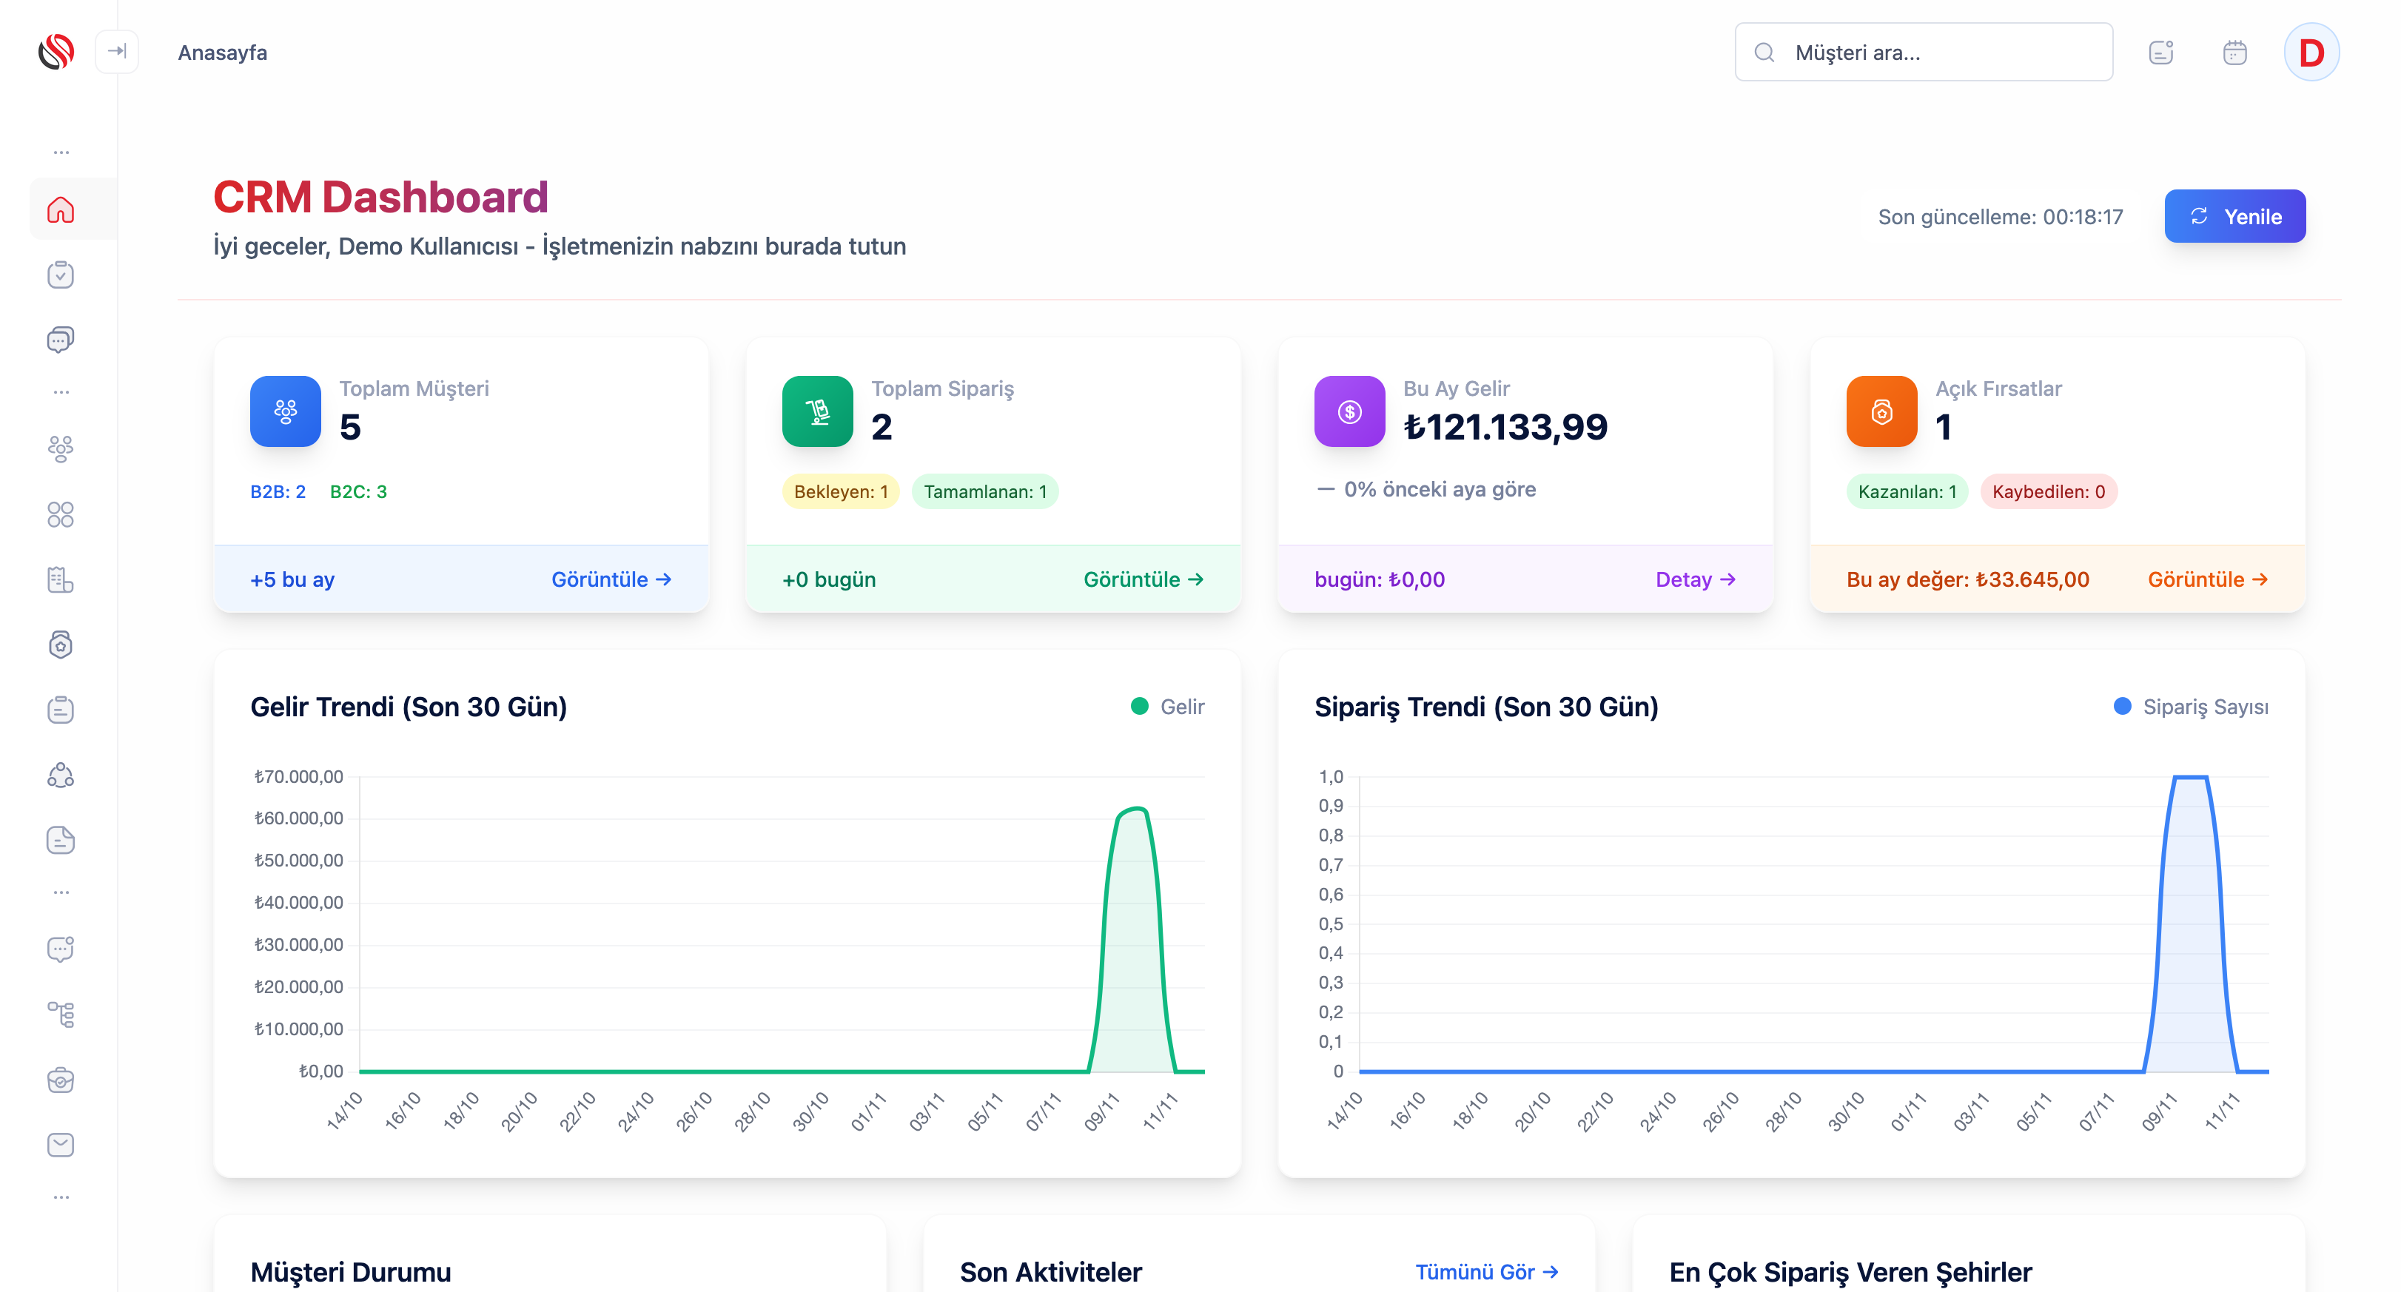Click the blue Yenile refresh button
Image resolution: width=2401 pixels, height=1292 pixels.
point(2234,216)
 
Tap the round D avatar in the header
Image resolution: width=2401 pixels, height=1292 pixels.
point(2311,53)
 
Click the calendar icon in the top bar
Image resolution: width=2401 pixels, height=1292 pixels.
point(2234,53)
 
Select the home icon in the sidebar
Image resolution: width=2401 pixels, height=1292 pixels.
point(61,209)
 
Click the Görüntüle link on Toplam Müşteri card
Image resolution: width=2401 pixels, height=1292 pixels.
point(611,579)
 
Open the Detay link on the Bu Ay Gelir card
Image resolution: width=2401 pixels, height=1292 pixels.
point(1694,579)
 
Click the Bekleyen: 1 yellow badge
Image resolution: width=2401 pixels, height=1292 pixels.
point(840,491)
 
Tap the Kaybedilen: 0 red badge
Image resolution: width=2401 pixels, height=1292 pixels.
point(2048,491)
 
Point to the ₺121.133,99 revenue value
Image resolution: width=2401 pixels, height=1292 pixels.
point(1505,427)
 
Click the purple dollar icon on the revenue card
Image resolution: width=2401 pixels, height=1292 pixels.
point(1349,411)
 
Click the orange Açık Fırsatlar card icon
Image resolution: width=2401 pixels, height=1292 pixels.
point(1881,411)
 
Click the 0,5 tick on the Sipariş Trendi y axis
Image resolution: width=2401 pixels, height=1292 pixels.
point(1330,923)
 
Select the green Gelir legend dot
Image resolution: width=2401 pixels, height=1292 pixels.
point(1139,707)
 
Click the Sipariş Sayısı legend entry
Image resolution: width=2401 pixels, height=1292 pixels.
point(2204,707)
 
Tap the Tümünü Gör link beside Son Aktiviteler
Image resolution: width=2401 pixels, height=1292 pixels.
point(1485,1271)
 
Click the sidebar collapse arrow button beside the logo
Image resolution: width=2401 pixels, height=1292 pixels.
point(116,51)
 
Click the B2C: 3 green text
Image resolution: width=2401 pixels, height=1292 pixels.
point(358,491)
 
